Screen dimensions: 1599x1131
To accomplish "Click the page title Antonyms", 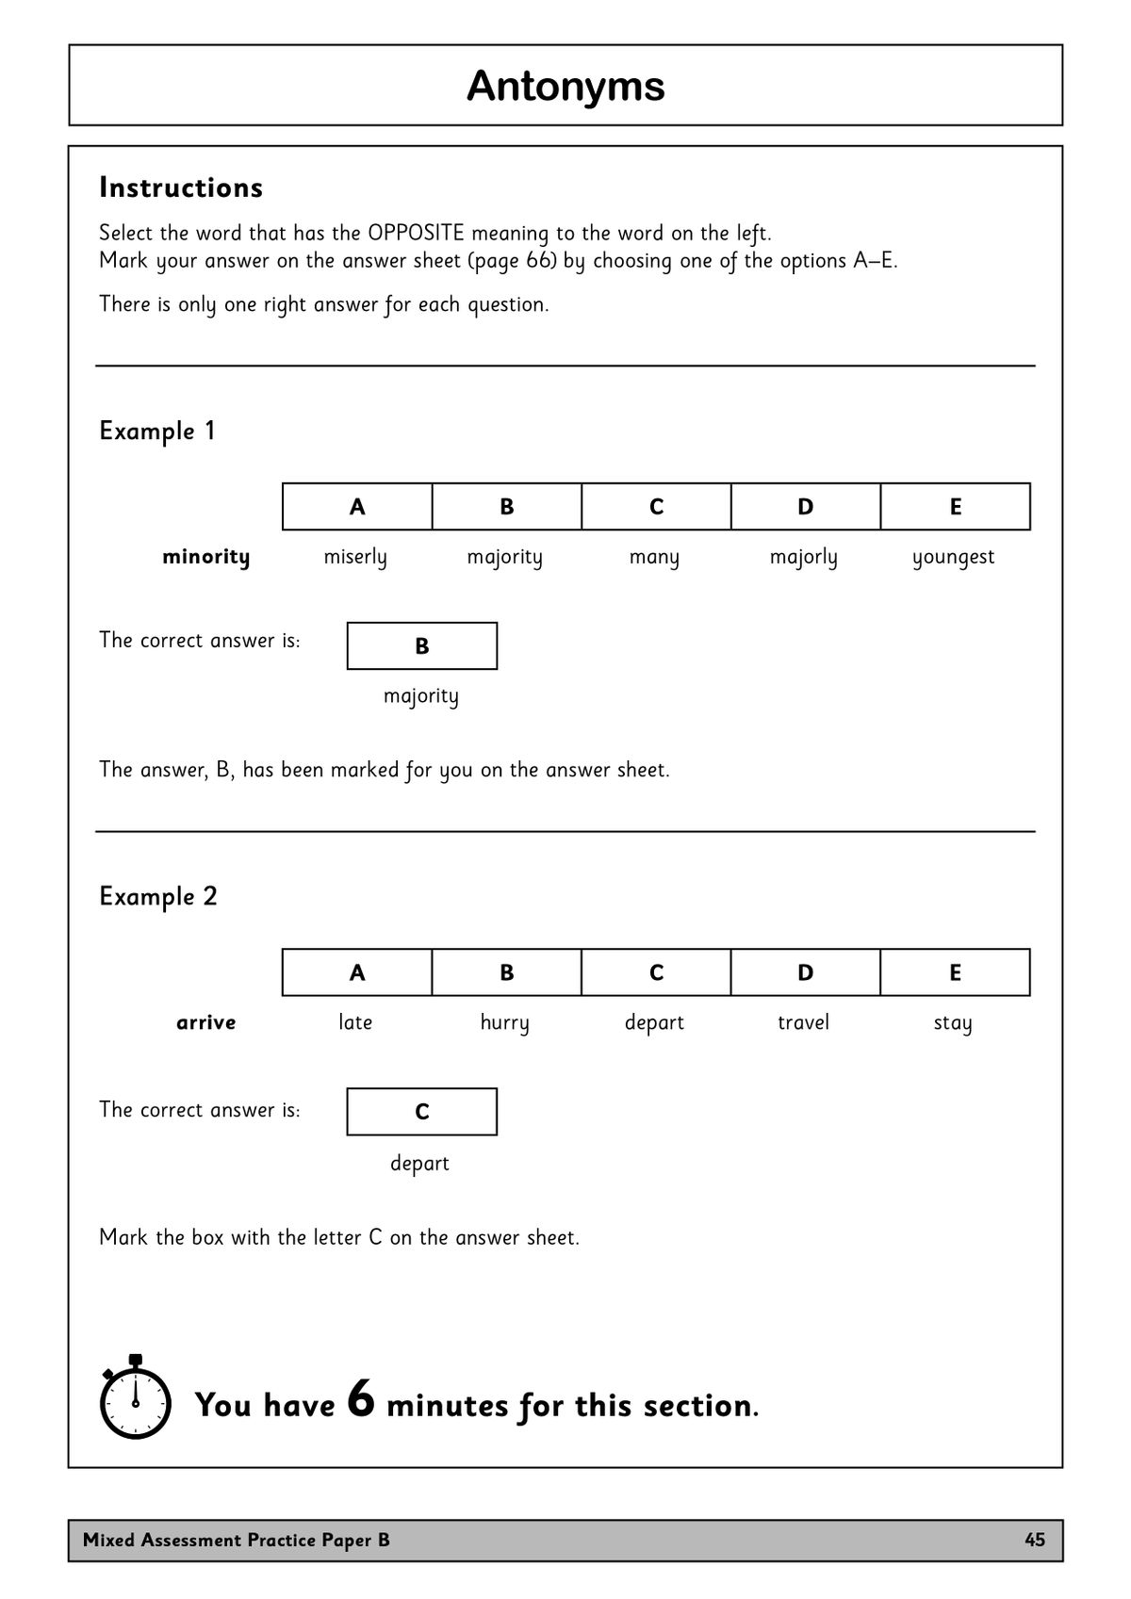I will click(565, 86).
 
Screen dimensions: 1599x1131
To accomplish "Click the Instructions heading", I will click(181, 188).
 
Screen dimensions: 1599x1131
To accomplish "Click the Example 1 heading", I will click(157, 431).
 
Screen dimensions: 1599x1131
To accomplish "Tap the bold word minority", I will click(205, 557).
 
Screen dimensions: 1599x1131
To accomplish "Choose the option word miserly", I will click(355, 557).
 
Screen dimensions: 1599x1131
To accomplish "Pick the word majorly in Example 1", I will click(803, 557).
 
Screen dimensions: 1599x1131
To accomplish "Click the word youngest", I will click(953, 557).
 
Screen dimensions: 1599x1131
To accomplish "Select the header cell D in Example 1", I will click(805, 507).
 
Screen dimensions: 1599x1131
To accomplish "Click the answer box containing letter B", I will click(421, 645).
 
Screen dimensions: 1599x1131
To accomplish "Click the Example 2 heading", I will click(158, 896).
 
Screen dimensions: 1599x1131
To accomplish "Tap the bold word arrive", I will click(205, 1022).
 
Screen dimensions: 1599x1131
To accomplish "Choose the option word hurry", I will click(504, 1023).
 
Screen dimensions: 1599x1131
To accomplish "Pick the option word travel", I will click(803, 1022).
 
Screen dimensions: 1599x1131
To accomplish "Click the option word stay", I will click(953, 1023).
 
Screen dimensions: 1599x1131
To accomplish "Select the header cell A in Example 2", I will click(357, 972).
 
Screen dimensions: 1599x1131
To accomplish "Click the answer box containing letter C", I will click(421, 1112).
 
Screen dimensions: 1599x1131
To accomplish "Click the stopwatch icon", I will click(135, 1398).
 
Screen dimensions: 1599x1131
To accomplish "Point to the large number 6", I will click(361, 1398).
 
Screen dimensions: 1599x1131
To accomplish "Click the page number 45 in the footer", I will click(1034, 1540).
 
